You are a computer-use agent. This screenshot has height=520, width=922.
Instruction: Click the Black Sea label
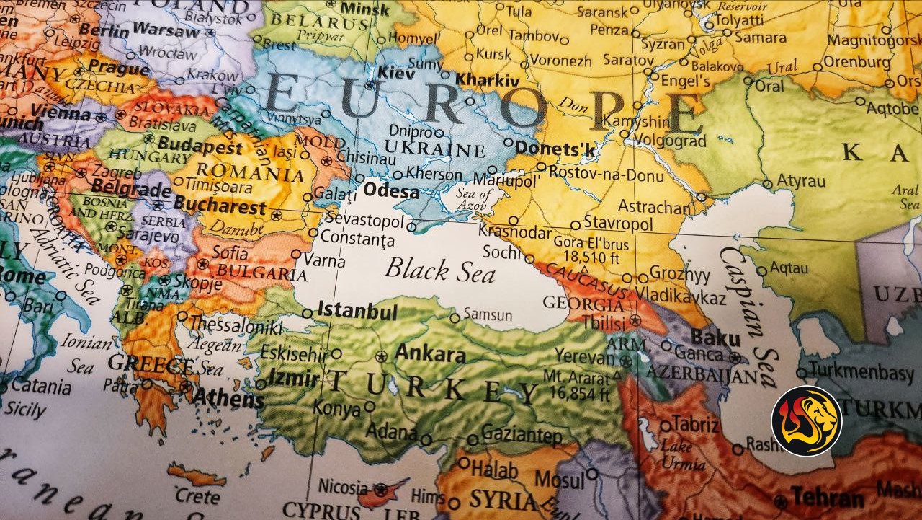coord(439,270)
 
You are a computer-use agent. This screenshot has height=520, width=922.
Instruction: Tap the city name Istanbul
coord(357,312)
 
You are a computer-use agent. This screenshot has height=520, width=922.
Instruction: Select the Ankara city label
coord(430,354)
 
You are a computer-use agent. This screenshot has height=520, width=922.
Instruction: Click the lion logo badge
coord(807,420)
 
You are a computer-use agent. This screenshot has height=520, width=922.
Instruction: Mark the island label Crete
coord(197,497)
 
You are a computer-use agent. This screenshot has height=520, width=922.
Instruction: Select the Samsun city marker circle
coord(455,317)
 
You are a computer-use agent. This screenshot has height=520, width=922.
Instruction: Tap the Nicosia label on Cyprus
coord(343,486)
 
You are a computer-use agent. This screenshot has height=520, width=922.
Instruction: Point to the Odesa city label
coord(391,192)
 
